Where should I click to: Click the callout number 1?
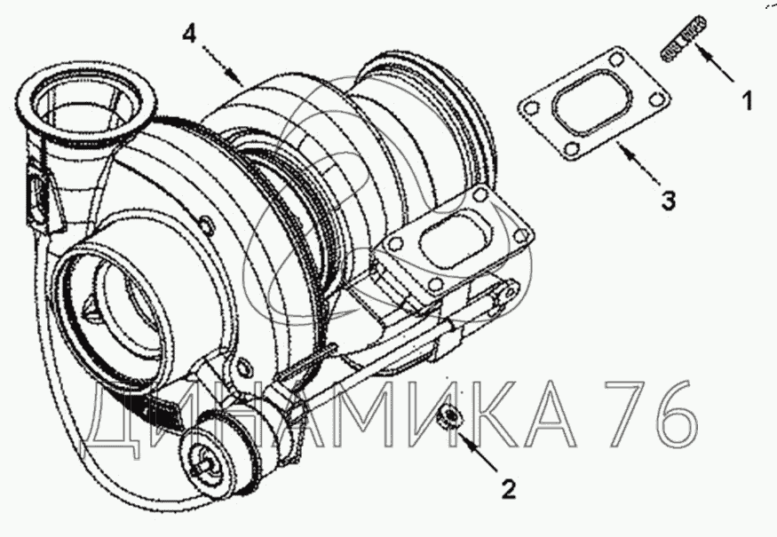tap(747, 100)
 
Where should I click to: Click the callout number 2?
tap(509, 488)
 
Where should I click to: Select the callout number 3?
tap(668, 201)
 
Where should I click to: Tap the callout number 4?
tap(189, 34)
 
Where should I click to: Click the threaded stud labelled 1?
tap(685, 39)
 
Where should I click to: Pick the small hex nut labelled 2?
tap(447, 415)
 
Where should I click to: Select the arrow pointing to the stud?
tap(714, 62)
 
